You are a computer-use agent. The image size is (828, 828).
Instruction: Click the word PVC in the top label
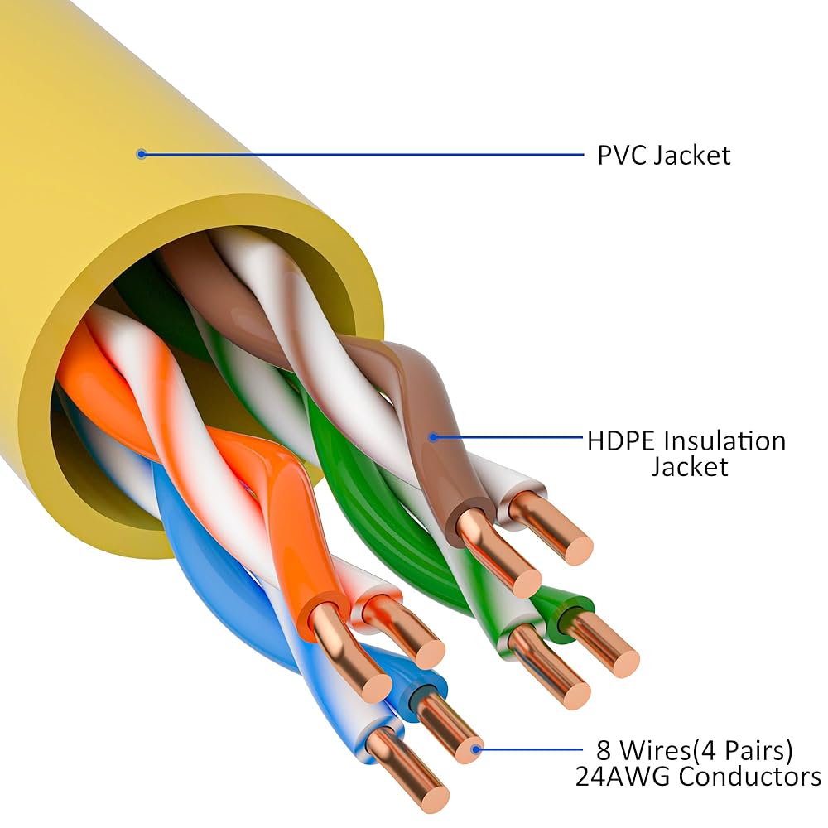(622, 155)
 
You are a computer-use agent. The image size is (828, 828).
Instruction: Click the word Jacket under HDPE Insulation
(689, 466)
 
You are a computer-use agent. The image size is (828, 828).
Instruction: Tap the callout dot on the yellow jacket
(142, 153)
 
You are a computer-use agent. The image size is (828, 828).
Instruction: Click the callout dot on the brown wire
(432, 437)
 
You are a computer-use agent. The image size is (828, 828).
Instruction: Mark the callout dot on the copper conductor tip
(475, 750)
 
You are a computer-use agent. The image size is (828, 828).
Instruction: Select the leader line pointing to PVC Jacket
(364, 153)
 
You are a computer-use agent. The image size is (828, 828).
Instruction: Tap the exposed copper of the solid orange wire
(352, 654)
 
